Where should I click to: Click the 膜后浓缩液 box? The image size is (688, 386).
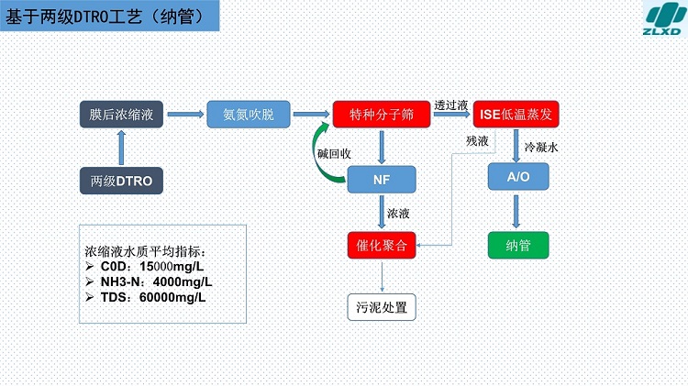(121, 115)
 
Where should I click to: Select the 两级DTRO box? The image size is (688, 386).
(121, 181)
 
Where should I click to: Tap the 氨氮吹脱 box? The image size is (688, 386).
(249, 115)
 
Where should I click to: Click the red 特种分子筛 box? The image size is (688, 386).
(382, 115)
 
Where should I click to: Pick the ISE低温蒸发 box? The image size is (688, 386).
(516, 115)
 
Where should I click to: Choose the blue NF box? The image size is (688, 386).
(382, 180)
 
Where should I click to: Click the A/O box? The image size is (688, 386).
(518, 177)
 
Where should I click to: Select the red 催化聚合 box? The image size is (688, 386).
(382, 245)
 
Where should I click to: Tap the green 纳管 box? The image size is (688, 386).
(518, 245)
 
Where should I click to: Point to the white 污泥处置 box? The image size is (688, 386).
(382, 307)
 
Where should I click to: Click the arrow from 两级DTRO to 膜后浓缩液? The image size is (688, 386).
(121, 148)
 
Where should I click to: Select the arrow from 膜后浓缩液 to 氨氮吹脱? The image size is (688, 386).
(185, 115)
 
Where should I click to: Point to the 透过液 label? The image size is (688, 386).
(451, 105)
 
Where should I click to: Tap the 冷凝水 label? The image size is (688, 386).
(541, 148)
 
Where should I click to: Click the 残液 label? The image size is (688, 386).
(477, 141)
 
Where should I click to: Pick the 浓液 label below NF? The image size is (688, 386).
(398, 214)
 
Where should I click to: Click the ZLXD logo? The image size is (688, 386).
(665, 18)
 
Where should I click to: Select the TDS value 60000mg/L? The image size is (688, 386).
(172, 297)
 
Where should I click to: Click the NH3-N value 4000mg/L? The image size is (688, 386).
(183, 281)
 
